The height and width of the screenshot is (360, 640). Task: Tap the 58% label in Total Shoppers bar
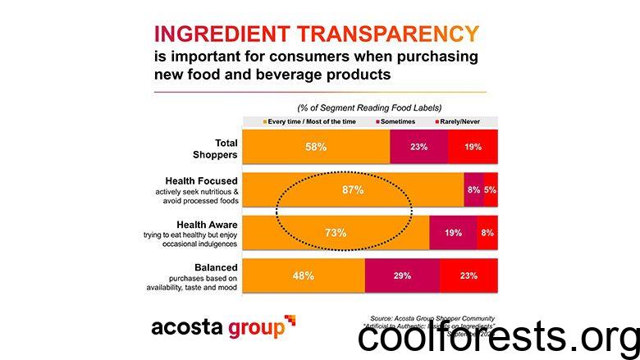317,147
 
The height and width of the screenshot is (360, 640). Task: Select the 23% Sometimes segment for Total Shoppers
418,147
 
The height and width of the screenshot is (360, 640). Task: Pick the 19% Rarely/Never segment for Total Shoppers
473,147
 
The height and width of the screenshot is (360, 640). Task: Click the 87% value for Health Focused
354,189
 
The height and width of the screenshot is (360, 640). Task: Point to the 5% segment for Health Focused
490,189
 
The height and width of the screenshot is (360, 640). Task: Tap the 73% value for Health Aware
336,233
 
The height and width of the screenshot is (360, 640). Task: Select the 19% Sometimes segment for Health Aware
453,233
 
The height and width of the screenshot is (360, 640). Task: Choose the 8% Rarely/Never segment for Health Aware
487,233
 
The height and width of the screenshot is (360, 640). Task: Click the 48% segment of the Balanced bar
303,276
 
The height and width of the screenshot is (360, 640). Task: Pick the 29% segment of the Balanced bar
402,276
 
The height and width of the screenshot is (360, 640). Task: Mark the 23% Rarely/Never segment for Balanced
469,276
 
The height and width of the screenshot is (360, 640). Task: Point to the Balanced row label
216,267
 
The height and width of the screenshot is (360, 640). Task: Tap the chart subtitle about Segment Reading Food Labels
369,107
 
